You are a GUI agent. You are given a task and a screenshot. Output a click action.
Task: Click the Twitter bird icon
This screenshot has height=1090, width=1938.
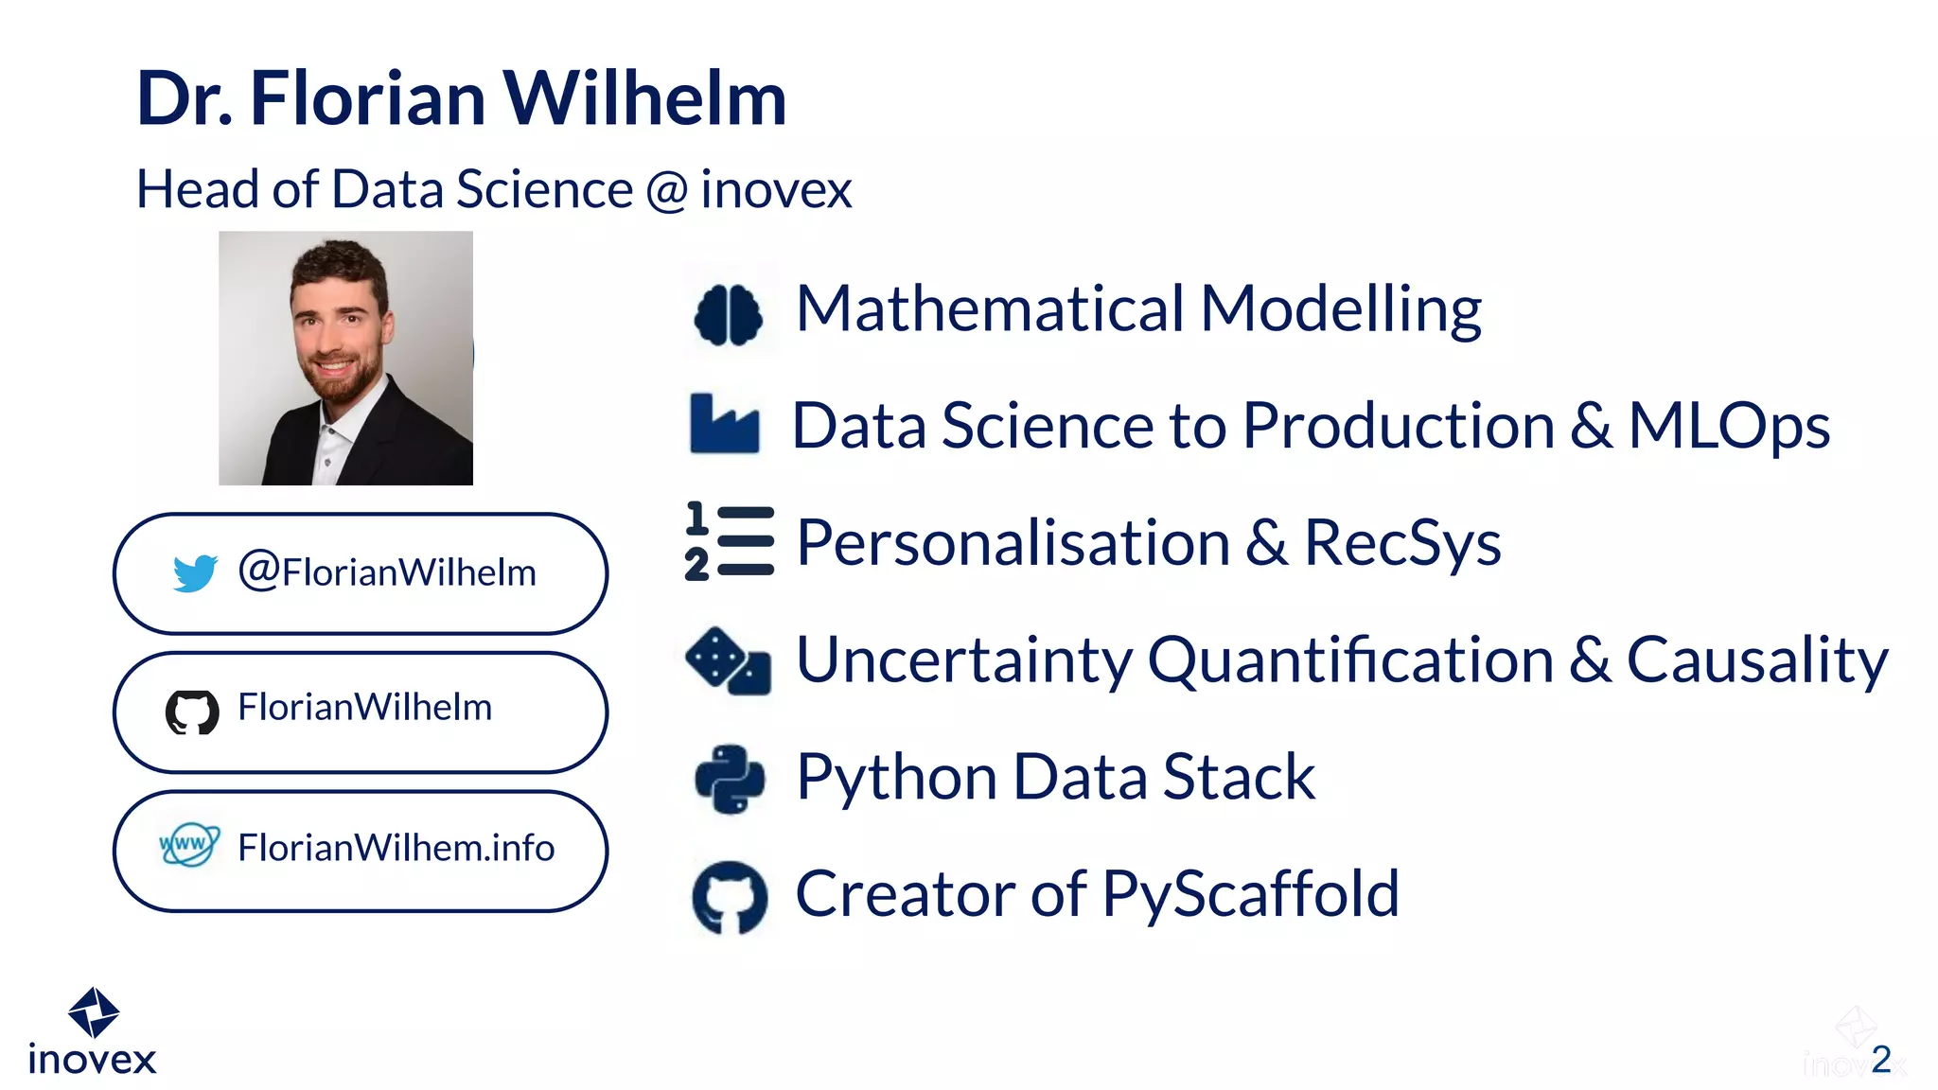(195, 572)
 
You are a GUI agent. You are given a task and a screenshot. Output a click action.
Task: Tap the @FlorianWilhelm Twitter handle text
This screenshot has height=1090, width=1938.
(387, 572)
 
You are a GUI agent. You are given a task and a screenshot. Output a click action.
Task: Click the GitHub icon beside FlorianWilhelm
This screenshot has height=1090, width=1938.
(192, 712)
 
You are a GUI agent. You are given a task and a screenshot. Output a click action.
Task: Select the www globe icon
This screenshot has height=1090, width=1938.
(189, 844)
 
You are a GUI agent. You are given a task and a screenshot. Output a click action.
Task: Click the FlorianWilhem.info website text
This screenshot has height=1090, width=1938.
(396, 848)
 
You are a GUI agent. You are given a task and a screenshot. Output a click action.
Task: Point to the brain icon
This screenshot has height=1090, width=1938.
(728, 314)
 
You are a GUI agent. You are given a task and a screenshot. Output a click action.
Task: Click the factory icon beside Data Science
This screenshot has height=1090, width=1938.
(724, 424)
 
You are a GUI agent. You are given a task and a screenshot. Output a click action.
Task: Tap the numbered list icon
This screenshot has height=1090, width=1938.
(730, 541)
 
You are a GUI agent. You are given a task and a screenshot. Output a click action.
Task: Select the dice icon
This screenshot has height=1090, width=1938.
(728, 660)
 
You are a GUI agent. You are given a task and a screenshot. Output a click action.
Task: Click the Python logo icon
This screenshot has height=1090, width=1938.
(730, 779)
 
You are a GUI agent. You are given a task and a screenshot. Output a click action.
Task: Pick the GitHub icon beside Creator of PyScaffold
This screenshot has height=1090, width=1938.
(730, 896)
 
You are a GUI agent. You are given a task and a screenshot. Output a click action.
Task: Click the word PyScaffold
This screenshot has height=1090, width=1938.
(1250, 895)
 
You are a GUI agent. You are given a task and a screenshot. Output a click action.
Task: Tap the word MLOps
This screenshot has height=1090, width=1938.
(1729, 426)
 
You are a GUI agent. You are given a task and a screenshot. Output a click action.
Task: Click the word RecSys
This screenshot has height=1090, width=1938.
(1402, 543)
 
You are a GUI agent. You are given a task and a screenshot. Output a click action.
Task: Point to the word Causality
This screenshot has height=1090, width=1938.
(1757, 659)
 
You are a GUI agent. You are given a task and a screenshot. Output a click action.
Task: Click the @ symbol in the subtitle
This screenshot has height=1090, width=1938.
(667, 189)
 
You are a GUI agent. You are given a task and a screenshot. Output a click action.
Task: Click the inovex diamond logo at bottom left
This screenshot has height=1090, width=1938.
(94, 1011)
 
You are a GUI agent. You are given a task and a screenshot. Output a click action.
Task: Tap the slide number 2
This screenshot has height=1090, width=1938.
(1881, 1059)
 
